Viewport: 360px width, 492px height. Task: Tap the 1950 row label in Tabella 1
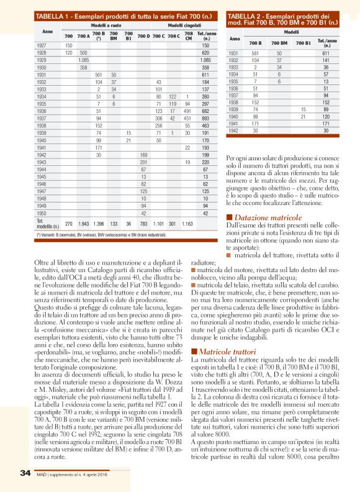click(41, 212)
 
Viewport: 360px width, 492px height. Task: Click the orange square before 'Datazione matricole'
click(230, 217)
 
